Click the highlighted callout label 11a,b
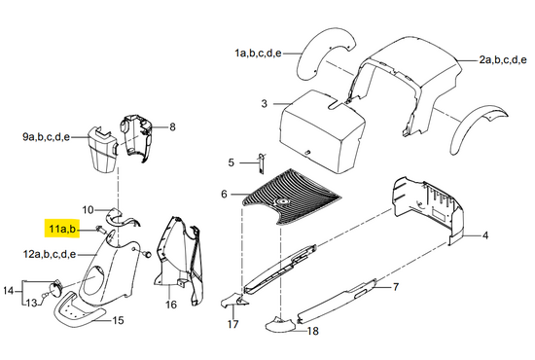62,229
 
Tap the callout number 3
264,103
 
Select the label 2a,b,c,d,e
503,60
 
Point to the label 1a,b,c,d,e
258,54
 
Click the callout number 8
172,126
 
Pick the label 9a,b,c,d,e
46,137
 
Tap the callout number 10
88,209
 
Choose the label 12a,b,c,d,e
50,254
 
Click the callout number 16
171,305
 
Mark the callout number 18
312,331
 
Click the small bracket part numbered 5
261,163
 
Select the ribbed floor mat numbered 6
291,197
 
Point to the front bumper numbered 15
79,309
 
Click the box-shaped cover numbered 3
322,131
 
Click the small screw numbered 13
44,295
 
